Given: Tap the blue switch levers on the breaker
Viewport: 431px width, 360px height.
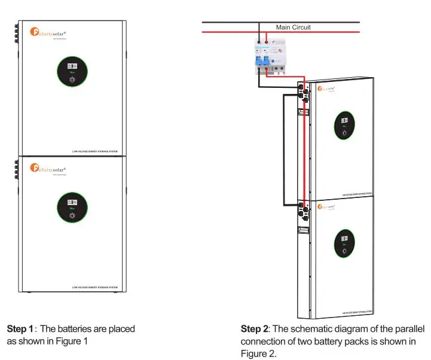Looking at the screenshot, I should pos(264,59).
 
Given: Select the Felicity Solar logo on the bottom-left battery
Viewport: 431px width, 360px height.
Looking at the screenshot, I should pos(51,169).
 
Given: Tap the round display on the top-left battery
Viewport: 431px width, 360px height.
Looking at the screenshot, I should pos(72,72).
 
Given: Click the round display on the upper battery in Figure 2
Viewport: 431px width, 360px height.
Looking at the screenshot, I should pos(344,126).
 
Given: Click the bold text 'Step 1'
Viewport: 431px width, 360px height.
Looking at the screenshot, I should pos(20,329).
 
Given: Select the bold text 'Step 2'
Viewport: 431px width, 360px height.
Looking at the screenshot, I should pos(254,329).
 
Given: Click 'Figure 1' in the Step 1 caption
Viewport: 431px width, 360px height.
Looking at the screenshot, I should pos(72,341).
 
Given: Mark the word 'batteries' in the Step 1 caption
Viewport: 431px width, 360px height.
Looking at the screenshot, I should pos(74,329).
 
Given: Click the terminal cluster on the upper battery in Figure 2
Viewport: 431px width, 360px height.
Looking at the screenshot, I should pos(302,93).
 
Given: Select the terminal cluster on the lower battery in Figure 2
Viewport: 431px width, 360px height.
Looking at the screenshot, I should pos(302,209).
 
